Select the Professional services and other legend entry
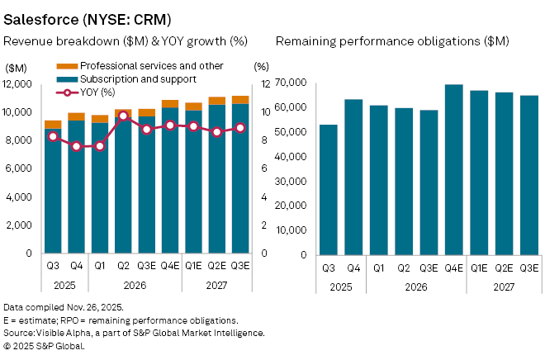click(x=137, y=64)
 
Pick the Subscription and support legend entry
click(x=126, y=78)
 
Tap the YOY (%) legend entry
click(x=97, y=92)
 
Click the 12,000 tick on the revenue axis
click(x=18, y=84)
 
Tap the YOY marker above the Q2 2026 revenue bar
click(x=123, y=116)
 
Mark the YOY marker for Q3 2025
click(x=54, y=136)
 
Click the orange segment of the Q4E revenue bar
click(x=170, y=104)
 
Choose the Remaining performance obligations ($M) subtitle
click(x=392, y=40)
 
